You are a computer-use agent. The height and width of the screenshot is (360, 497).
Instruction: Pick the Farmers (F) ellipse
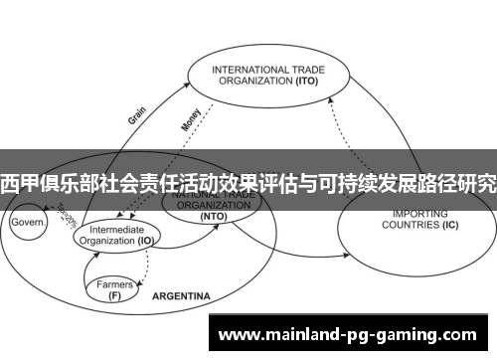coord(115,288)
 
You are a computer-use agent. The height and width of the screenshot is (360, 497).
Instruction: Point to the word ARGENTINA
coord(181,296)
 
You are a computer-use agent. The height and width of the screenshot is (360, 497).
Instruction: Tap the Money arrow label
coord(190,118)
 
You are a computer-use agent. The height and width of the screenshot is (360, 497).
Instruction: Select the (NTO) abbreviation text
coord(213,216)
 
